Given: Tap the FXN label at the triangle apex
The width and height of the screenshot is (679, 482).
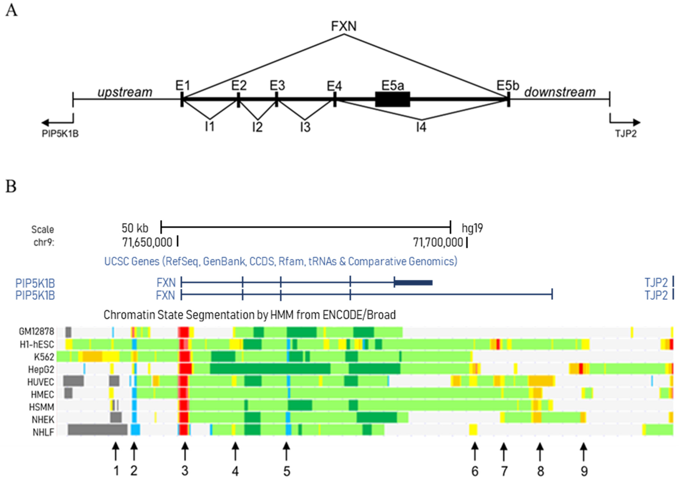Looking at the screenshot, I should [x=344, y=26].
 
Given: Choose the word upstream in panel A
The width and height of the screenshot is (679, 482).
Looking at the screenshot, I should [x=125, y=92].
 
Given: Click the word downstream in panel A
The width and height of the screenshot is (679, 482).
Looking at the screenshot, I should [x=560, y=92].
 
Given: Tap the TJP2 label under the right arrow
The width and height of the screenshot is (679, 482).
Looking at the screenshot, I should [x=626, y=134].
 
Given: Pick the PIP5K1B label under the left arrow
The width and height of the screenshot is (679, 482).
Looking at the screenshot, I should [x=60, y=134].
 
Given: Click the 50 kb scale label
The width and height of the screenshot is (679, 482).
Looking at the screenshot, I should [x=135, y=228].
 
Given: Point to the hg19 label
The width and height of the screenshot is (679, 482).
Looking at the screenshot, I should [x=472, y=228].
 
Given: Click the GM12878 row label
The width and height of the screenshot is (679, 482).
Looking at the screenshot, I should [x=36, y=331].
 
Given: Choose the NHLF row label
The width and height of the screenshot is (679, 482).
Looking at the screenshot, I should [x=43, y=432].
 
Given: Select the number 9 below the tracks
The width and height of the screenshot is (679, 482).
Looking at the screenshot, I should [x=584, y=471].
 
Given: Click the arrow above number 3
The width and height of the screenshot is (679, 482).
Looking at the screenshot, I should [x=185, y=451].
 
